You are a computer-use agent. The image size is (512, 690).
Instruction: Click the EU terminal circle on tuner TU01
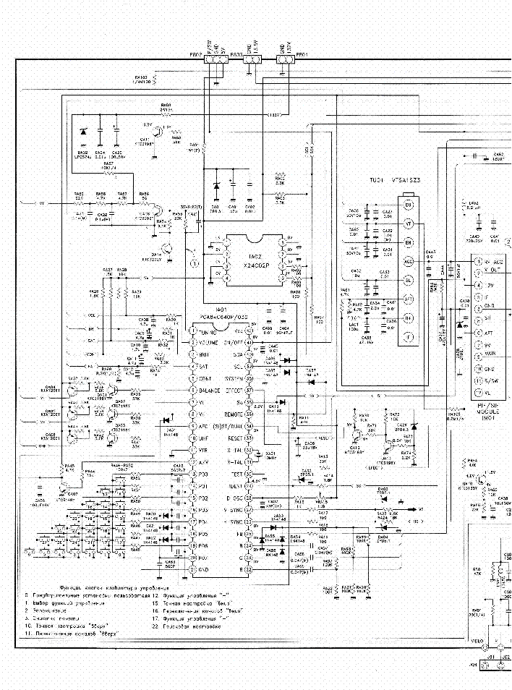408,205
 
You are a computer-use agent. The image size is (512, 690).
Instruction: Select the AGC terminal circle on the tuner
408,261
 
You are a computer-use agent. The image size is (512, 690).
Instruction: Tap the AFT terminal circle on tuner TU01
408,299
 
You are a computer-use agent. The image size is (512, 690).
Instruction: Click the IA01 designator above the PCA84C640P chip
223,309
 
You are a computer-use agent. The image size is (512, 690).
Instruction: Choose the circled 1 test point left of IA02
194,265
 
